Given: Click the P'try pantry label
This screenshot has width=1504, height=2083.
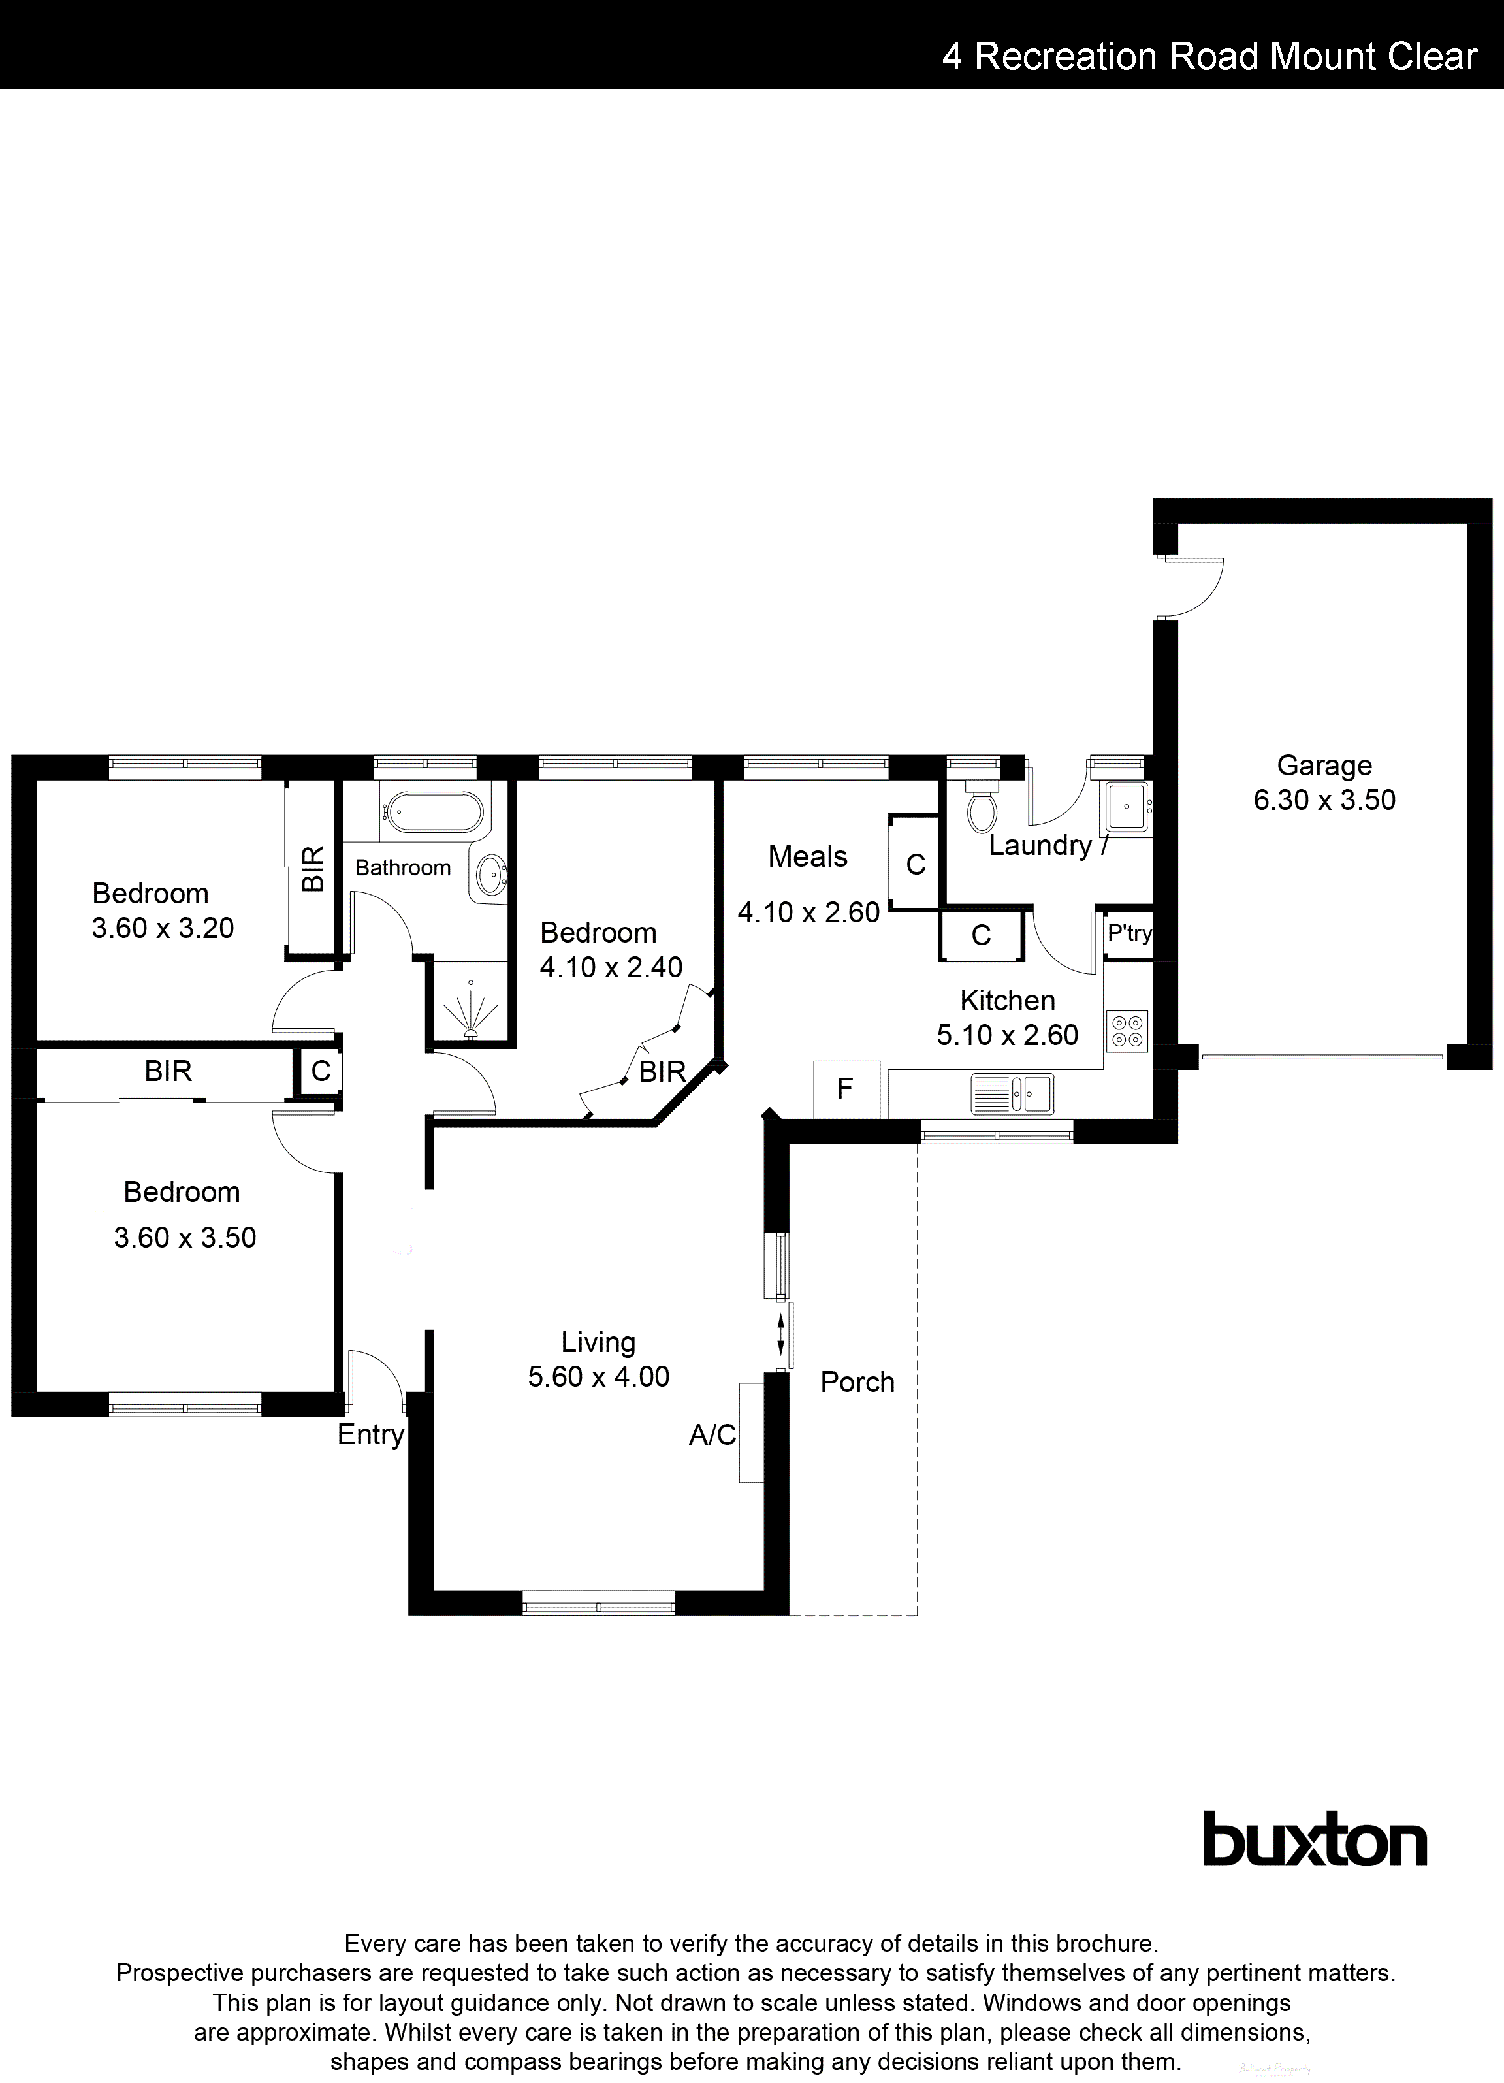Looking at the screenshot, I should pyautogui.click(x=1128, y=933).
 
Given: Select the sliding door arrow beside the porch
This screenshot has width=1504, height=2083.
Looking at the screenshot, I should pyautogui.click(x=781, y=1335).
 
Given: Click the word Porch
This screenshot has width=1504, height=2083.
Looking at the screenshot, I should pyautogui.click(x=857, y=1382).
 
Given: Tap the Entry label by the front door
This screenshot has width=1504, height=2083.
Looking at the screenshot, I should pyautogui.click(x=370, y=1434).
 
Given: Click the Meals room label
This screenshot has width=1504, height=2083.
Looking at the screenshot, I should pyautogui.click(x=807, y=857).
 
